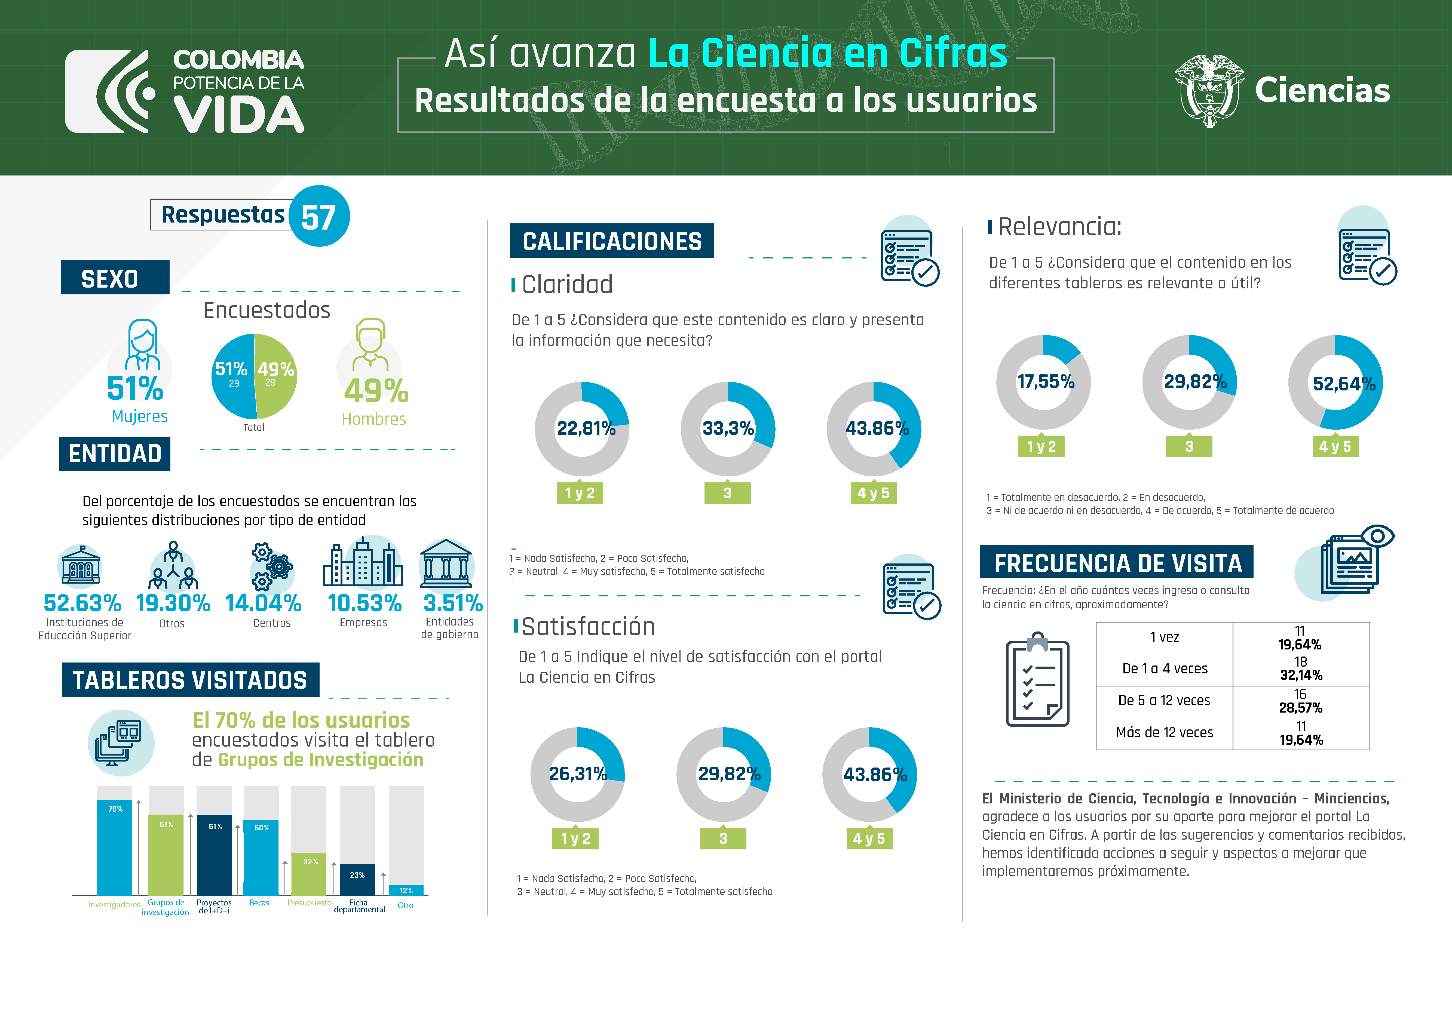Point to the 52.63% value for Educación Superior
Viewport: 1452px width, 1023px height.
coord(82,603)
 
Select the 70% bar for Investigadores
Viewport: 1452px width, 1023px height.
coord(114,847)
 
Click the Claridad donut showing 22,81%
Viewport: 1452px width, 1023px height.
coord(582,429)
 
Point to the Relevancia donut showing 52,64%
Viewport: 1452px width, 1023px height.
coord(1336,383)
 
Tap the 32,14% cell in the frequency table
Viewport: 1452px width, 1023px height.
coord(1301,669)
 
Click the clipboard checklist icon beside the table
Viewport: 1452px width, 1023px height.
coord(1037,680)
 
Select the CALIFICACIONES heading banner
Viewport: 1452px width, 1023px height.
coord(612,241)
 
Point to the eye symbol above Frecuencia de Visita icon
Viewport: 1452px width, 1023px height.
coord(1377,536)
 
